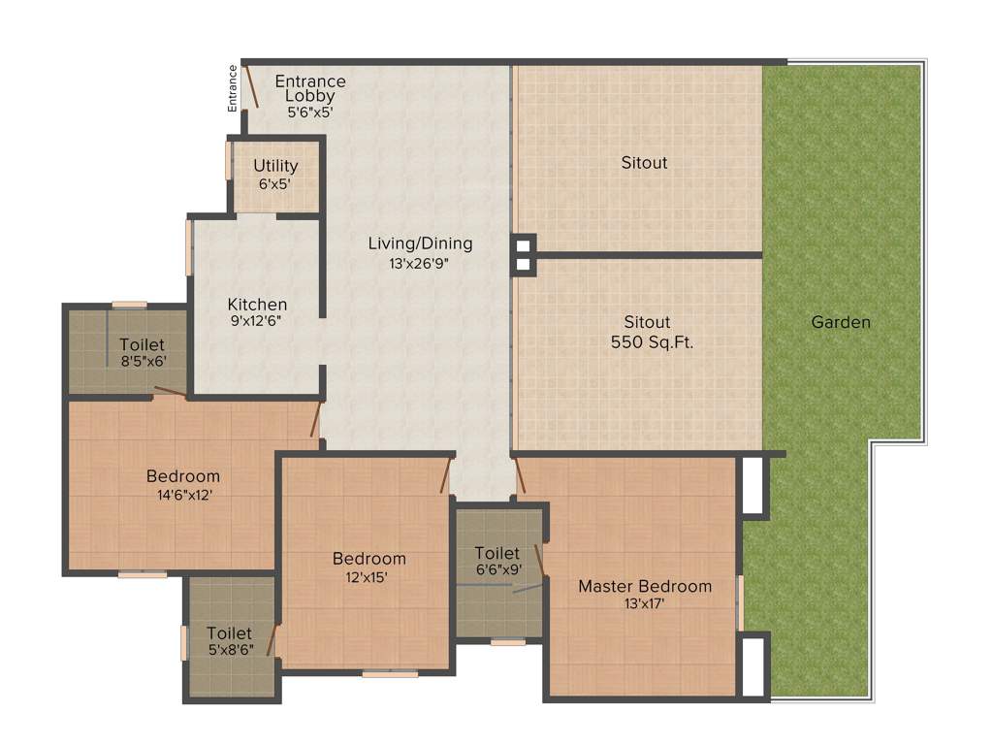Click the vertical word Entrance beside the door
point(233,88)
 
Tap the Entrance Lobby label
point(309,88)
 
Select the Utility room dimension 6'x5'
point(275,182)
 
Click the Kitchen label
point(257,304)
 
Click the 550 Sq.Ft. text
point(652,341)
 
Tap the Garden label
point(841,322)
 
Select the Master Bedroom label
point(645,586)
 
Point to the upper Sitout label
point(644,163)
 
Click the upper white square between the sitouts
point(523,243)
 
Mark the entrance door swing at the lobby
point(251,86)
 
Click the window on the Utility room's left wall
point(229,160)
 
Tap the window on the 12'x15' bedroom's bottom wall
point(390,673)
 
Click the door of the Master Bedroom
point(521,475)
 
